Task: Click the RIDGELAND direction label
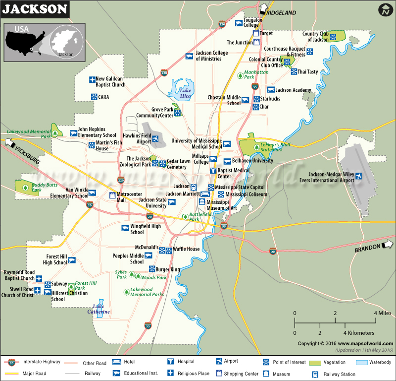click(x=281, y=12)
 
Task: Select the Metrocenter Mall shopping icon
click(x=112, y=194)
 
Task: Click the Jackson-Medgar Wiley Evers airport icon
click(x=358, y=176)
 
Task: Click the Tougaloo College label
click(x=251, y=22)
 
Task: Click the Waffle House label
click(x=186, y=249)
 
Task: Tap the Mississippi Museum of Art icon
click(x=201, y=202)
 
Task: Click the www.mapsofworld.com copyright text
click(x=366, y=343)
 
